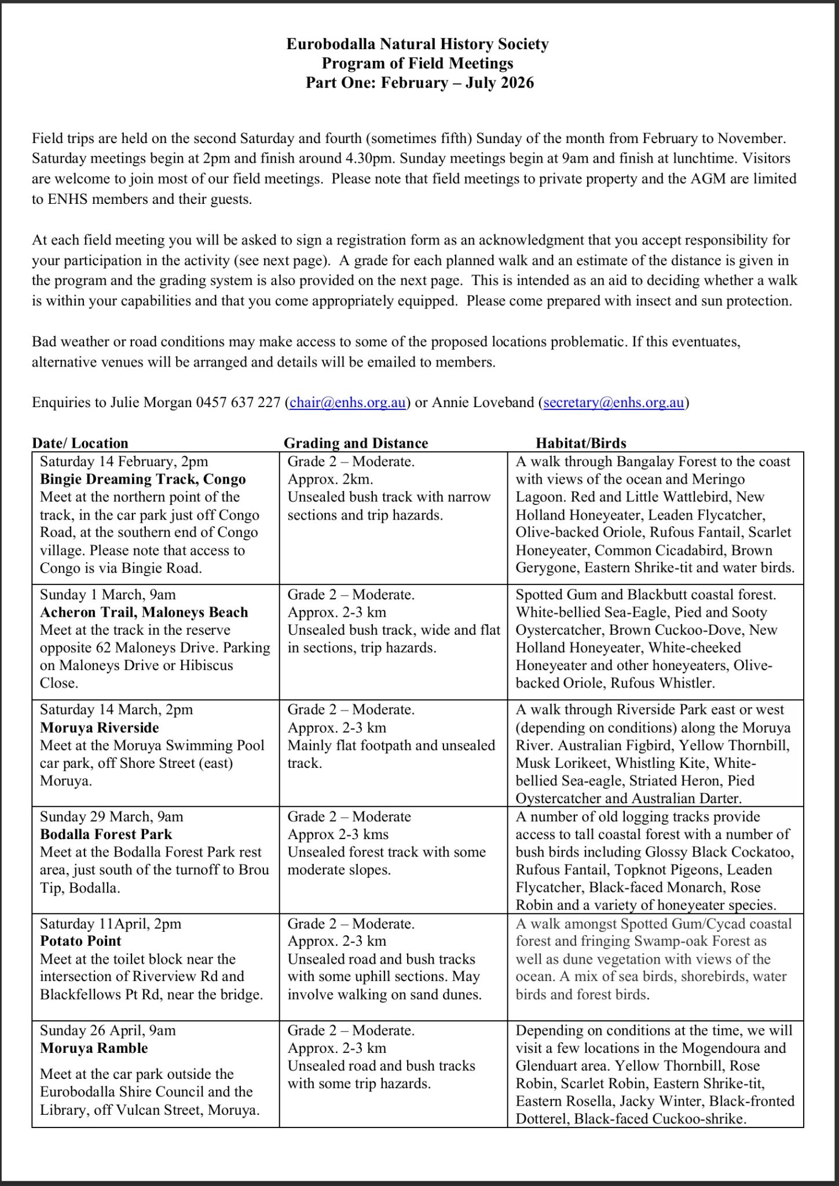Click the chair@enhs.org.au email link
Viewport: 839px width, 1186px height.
(x=347, y=402)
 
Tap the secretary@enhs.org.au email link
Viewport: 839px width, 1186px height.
(x=614, y=402)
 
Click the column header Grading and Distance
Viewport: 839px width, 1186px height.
(x=356, y=443)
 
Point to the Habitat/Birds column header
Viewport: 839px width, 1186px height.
(x=581, y=443)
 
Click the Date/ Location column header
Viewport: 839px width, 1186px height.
(x=80, y=443)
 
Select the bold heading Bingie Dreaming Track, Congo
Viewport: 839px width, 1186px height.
(x=143, y=479)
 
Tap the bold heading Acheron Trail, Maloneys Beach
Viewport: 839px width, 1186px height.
(x=144, y=612)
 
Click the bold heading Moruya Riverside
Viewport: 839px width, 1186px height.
(x=100, y=727)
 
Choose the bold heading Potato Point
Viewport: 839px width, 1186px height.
(x=80, y=941)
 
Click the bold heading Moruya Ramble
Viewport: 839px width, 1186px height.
(x=94, y=1048)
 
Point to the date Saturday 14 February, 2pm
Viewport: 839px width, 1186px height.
(x=124, y=462)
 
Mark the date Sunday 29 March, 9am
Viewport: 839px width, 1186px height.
(x=111, y=817)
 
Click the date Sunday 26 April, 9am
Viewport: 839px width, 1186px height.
(x=108, y=1030)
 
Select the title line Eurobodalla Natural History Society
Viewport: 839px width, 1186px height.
(x=417, y=44)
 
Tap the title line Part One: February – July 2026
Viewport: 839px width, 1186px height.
(x=420, y=83)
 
